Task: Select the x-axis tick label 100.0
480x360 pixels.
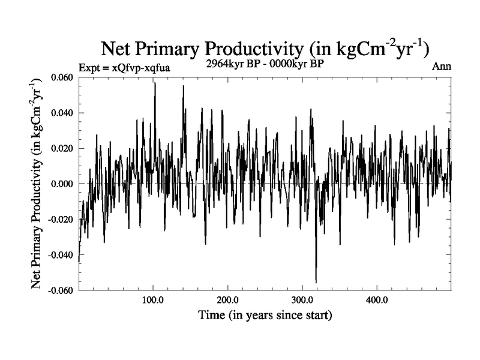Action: (153, 300)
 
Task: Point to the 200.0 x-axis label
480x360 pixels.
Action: (228, 300)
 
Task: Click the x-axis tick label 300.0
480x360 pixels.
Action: (302, 300)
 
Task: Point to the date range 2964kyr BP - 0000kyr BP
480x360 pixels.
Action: (265, 65)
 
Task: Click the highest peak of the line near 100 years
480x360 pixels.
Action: (155, 83)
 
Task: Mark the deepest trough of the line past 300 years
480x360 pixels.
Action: (316, 282)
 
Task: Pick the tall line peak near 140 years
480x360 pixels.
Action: (183, 86)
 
